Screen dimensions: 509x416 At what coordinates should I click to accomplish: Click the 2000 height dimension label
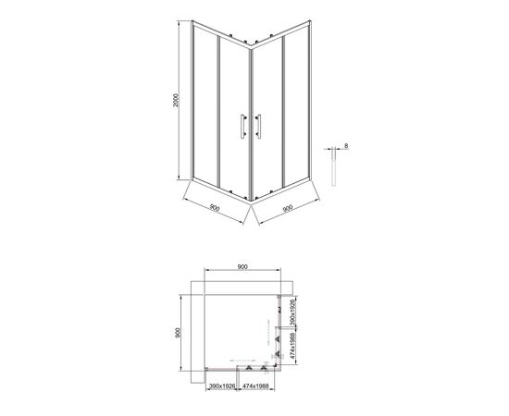tap(176, 100)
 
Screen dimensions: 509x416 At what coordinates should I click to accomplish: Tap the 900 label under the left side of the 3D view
tap(215, 207)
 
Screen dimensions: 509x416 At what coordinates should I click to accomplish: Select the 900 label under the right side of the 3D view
tap(288, 208)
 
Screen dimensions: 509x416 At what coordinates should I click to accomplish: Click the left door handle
tap(242, 126)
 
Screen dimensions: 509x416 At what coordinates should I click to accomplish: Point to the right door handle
tap(259, 126)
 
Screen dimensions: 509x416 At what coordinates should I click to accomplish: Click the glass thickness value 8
tap(346, 146)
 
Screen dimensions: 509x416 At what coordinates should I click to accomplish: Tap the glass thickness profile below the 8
tap(334, 167)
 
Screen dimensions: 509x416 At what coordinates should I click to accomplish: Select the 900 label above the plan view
tap(242, 267)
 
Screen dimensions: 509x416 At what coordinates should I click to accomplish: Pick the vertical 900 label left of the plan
tap(178, 333)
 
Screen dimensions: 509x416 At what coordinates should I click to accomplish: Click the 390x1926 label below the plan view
tap(222, 386)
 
